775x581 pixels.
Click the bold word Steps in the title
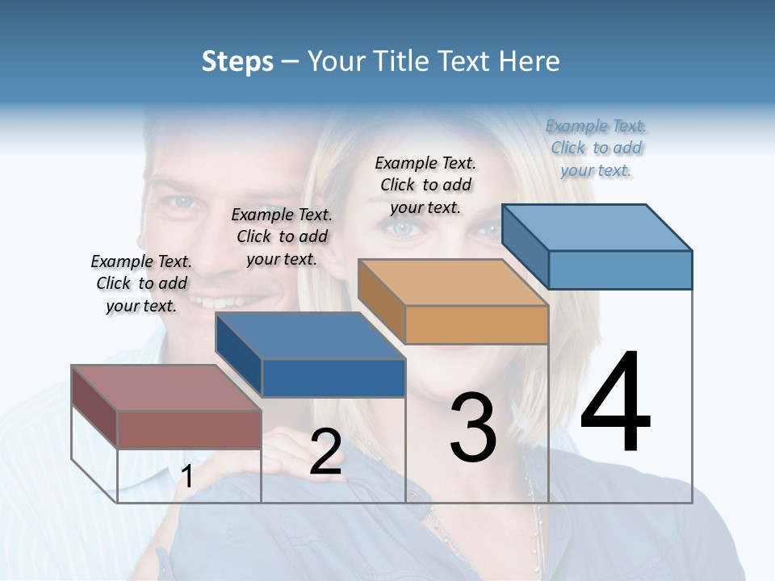pyautogui.click(x=237, y=61)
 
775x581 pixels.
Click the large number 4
pyautogui.click(x=615, y=403)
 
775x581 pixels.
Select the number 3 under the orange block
pyautogui.click(x=473, y=428)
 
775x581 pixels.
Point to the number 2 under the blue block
pyautogui.click(x=325, y=452)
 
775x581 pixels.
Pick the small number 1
pyautogui.click(x=186, y=477)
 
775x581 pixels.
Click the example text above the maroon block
pyautogui.click(x=141, y=283)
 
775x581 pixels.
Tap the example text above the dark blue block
pyautogui.click(x=282, y=236)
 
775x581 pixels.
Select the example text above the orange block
pyautogui.click(x=425, y=185)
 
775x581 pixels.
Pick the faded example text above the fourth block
pyautogui.click(x=596, y=148)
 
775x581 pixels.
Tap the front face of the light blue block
pyautogui.click(x=620, y=270)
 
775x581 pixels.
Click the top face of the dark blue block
pyautogui.click(x=310, y=336)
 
